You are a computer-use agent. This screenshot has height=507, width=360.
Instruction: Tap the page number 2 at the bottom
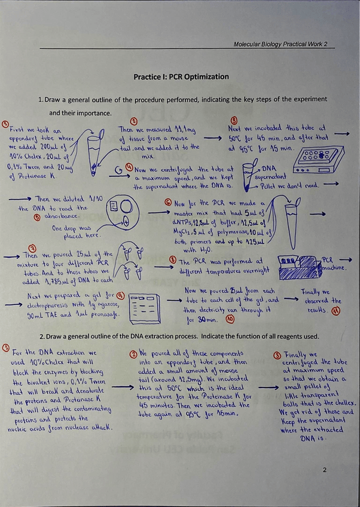[325, 470]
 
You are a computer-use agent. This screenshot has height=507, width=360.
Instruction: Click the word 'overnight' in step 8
[253, 271]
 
